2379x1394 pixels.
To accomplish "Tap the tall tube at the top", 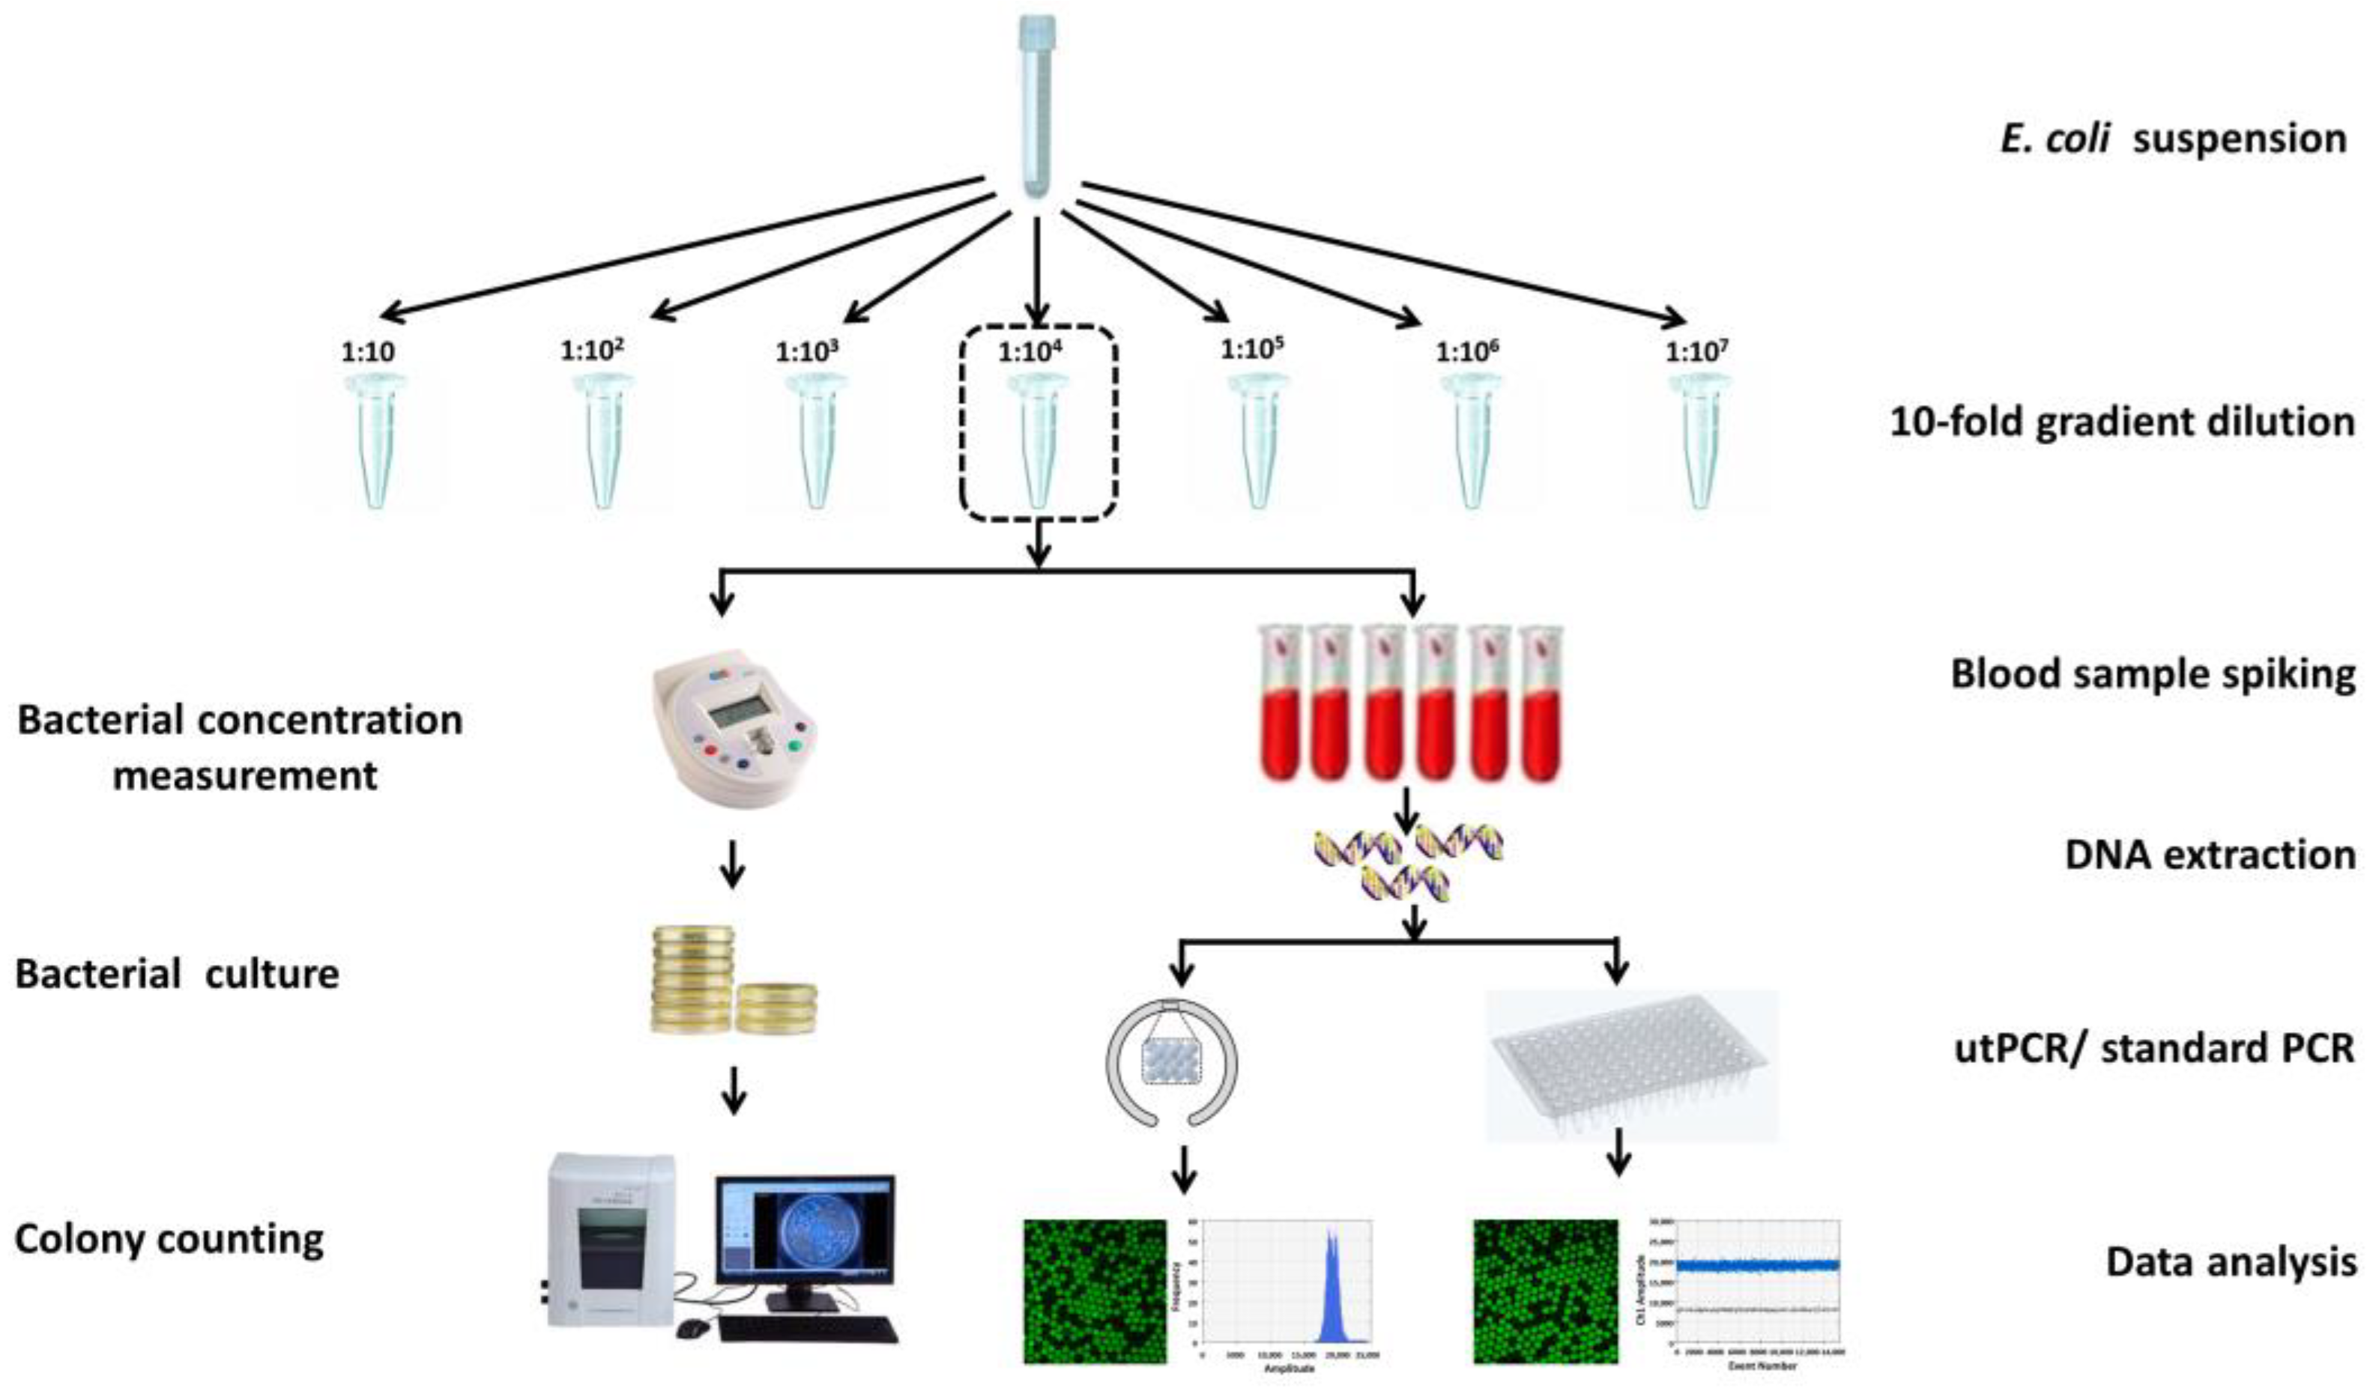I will coord(1036,104).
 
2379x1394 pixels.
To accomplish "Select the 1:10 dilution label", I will coord(368,352).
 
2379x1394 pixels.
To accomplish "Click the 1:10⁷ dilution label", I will coord(1696,351).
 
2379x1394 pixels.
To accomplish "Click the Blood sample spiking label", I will coord(2153,674).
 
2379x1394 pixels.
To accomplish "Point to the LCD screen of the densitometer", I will coord(741,715).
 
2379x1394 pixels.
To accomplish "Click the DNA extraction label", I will coord(2209,854).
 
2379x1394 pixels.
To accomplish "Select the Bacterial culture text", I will coord(177,974).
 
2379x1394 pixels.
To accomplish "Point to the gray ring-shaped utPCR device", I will coord(1170,1061).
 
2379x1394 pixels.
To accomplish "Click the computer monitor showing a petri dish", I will coord(804,1229).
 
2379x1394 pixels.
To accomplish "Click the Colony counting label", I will coord(169,1238).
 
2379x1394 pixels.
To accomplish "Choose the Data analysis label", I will coord(2230,1261).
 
